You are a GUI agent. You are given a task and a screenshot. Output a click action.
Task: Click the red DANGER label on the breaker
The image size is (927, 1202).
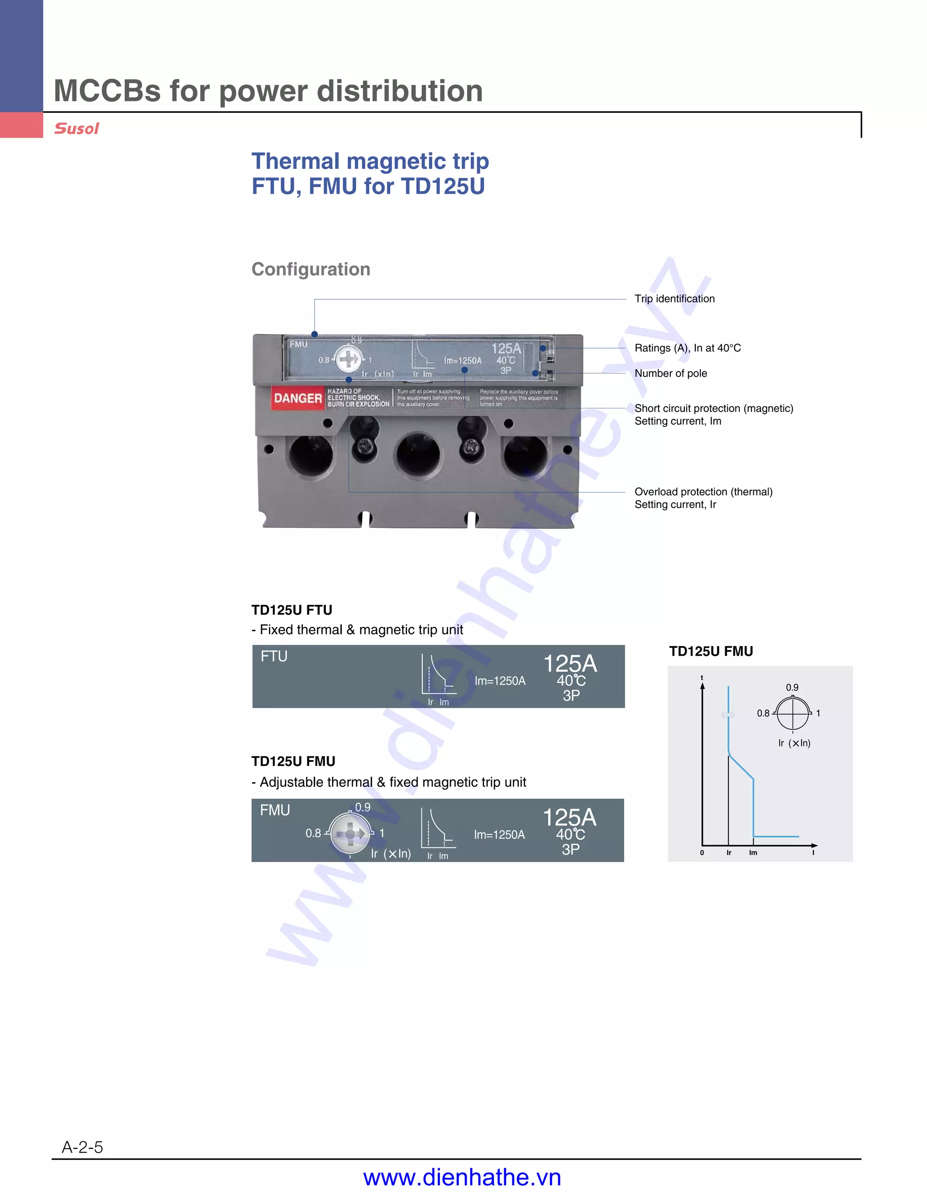[297, 398]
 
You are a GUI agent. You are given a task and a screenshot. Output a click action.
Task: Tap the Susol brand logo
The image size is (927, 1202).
[76, 129]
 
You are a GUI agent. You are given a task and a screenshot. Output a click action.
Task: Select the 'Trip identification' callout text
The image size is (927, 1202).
[674, 299]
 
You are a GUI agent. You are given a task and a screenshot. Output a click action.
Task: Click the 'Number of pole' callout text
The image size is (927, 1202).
[671, 373]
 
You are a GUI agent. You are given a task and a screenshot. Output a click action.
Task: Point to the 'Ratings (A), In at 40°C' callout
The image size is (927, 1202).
[688, 348]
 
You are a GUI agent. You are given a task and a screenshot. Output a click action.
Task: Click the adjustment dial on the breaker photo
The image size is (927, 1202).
[348, 359]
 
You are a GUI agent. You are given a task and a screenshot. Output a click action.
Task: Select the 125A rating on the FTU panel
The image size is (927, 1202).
[570, 664]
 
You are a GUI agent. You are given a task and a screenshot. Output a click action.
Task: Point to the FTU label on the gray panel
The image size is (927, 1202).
[274, 656]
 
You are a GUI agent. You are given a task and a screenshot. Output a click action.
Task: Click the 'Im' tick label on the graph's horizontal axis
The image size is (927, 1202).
[753, 852]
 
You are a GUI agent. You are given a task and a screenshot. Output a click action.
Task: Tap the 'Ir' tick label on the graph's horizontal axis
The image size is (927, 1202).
[729, 852]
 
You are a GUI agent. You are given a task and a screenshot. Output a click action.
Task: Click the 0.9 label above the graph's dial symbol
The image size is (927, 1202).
[792, 687]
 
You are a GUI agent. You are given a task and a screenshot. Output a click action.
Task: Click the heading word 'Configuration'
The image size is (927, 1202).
[311, 269]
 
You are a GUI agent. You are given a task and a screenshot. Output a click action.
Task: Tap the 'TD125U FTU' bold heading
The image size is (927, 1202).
[291, 610]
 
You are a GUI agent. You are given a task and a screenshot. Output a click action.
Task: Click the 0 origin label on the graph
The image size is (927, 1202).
[702, 852]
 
